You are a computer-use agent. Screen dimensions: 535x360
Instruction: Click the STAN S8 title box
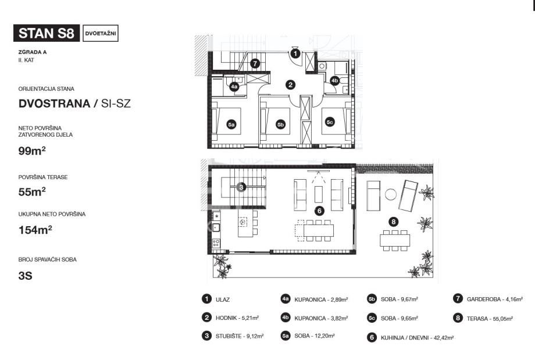pos(47,33)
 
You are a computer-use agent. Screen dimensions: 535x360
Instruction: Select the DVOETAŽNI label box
pos(101,33)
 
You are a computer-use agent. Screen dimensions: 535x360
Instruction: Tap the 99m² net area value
pos(32,150)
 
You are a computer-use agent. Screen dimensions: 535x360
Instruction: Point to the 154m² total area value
pos(35,230)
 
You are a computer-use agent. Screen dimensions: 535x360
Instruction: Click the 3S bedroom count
pos(25,275)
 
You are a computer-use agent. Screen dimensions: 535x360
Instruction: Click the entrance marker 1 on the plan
pos(295,54)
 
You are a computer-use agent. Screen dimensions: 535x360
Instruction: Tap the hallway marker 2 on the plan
pos(290,85)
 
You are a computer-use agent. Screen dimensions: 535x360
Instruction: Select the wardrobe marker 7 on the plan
pos(255,63)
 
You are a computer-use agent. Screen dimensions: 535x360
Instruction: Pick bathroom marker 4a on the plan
pos(234,87)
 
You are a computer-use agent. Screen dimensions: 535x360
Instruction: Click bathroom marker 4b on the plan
pos(335,80)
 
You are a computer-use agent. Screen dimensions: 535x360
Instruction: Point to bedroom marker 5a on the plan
pos(231,124)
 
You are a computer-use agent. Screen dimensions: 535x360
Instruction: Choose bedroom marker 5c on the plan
pos(330,122)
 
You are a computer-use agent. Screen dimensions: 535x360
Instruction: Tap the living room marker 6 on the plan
pos(319,211)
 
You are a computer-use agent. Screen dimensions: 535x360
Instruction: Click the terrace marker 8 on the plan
pos(394,222)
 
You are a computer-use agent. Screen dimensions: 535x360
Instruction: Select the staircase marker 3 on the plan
pos(241,187)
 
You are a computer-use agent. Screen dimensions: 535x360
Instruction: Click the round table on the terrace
pos(391,195)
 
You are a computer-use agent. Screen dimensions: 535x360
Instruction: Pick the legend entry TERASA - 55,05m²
pos(483,318)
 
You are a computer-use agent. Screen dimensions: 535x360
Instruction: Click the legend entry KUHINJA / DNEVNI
pos(411,337)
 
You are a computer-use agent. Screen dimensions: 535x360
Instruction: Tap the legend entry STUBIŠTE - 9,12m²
pos(233,336)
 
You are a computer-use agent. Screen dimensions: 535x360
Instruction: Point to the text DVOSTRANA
pos(54,104)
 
